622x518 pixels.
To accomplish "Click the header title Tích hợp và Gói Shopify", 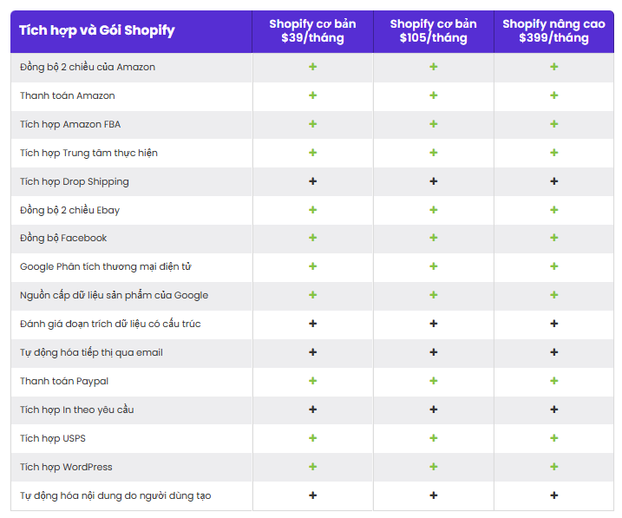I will coord(96,30).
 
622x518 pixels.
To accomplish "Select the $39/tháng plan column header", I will coord(312,31).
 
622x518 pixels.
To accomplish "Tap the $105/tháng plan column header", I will coord(433,31).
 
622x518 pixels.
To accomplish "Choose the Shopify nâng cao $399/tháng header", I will coord(553,31).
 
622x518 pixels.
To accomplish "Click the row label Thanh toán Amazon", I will coord(68,95).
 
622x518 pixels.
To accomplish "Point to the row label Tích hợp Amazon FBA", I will coord(70,124).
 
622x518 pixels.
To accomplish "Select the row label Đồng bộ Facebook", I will coord(63,238).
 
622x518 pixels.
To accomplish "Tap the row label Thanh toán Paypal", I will coord(64,381).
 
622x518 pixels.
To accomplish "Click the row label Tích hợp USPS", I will coord(53,438).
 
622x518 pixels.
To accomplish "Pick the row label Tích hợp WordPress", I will coord(66,467).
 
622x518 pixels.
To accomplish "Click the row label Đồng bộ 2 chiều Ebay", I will coord(69,210).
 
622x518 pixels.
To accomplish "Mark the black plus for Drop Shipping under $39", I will coord(312,181).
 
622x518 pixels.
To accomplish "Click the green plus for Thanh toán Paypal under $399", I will coord(553,381).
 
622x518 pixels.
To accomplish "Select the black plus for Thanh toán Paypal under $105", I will coord(433,381).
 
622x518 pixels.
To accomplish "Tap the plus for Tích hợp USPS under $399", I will coord(553,438).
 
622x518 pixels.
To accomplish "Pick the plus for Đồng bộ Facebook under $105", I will coord(433,238).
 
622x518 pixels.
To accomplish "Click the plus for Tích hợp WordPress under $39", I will coord(312,467).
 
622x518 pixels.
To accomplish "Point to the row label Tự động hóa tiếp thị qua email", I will coord(91,352).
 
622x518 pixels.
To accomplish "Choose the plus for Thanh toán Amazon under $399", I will coord(553,95).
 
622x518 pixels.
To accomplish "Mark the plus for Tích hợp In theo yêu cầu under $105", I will coord(433,410).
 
